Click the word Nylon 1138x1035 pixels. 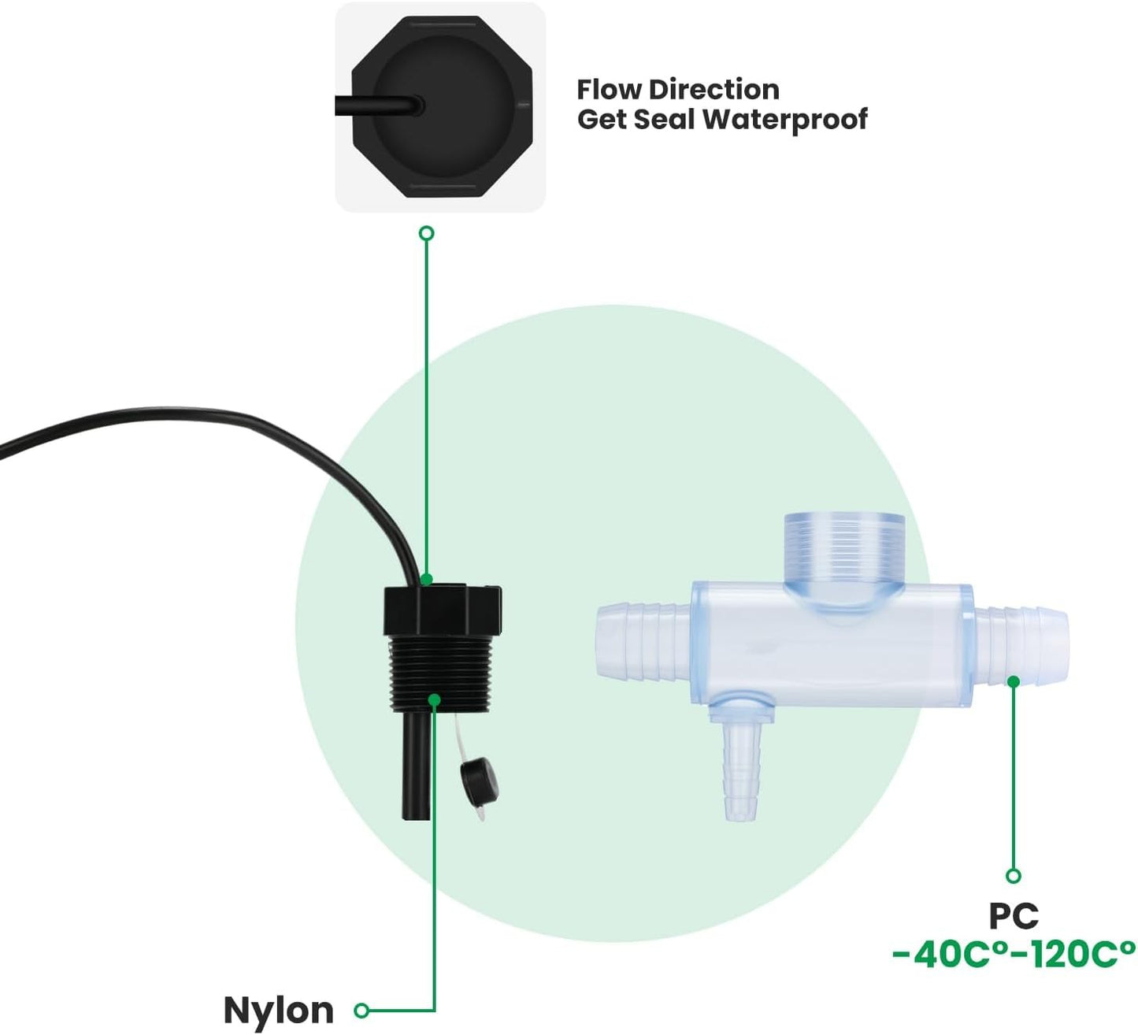[x=278, y=1009]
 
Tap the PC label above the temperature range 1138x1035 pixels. [x=1014, y=916]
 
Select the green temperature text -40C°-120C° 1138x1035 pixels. [x=1014, y=954]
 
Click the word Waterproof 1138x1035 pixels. [x=784, y=119]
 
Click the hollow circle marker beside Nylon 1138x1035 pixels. [x=361, y=1010]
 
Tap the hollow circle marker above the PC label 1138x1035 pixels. [x=1014, y=876]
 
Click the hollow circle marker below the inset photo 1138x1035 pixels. [x=427, y=233]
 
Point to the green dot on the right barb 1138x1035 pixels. [x=1014, y=681]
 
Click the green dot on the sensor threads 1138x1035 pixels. [x=434, y=699]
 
